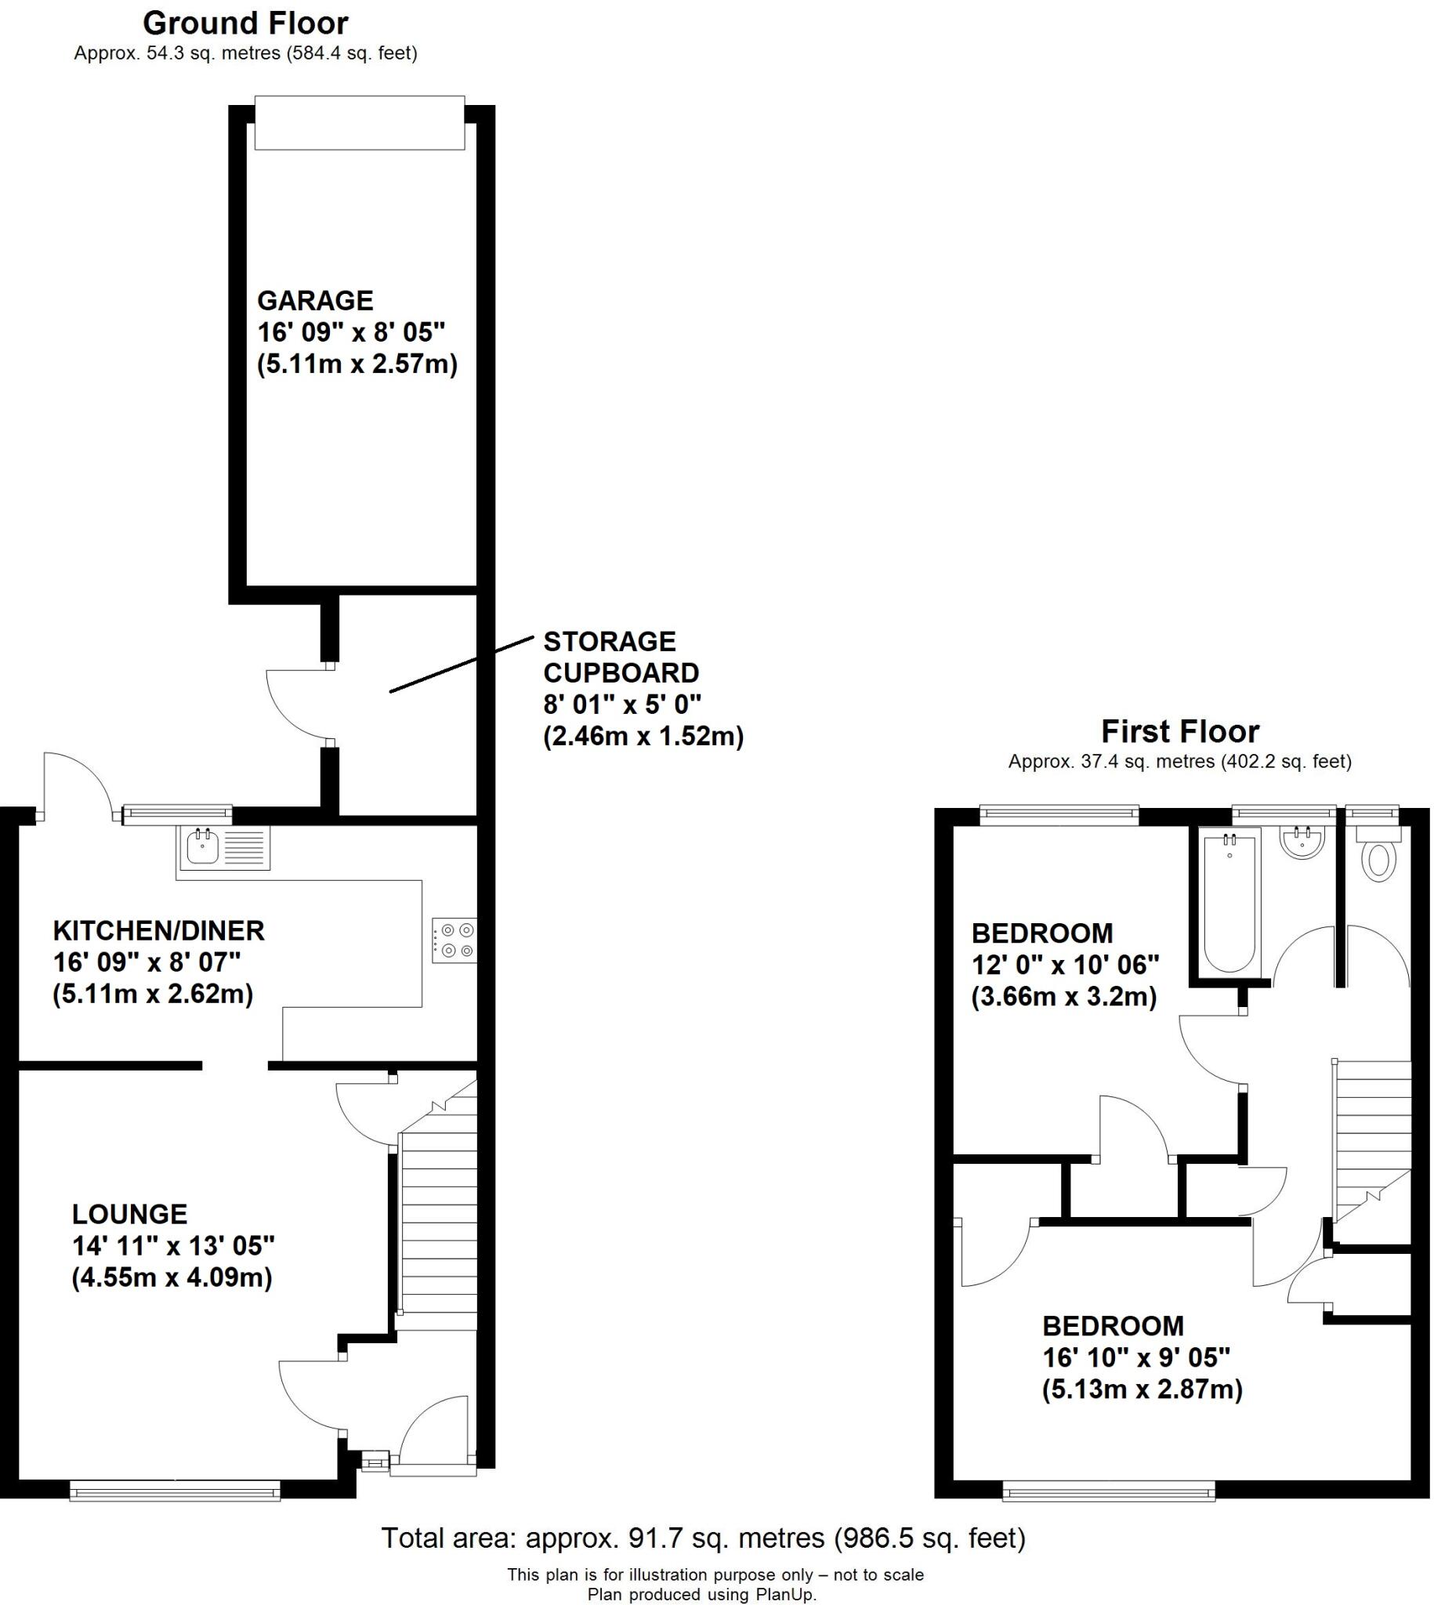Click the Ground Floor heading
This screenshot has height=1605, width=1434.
click(245, 24)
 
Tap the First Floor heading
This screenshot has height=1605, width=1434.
click(1179, 731)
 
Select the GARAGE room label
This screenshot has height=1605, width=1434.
click(315, 300)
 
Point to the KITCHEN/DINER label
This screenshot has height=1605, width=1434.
click(158, 930)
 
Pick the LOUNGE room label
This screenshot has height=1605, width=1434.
click(130, 1213)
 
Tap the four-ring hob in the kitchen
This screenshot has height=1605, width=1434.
click(454, 940)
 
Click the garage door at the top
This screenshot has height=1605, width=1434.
click(360, 122)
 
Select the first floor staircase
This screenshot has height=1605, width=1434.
click(1371, 1135)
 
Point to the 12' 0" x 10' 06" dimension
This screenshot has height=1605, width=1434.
click(1065, 965)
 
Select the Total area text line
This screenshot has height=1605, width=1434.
click(703, 1538)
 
